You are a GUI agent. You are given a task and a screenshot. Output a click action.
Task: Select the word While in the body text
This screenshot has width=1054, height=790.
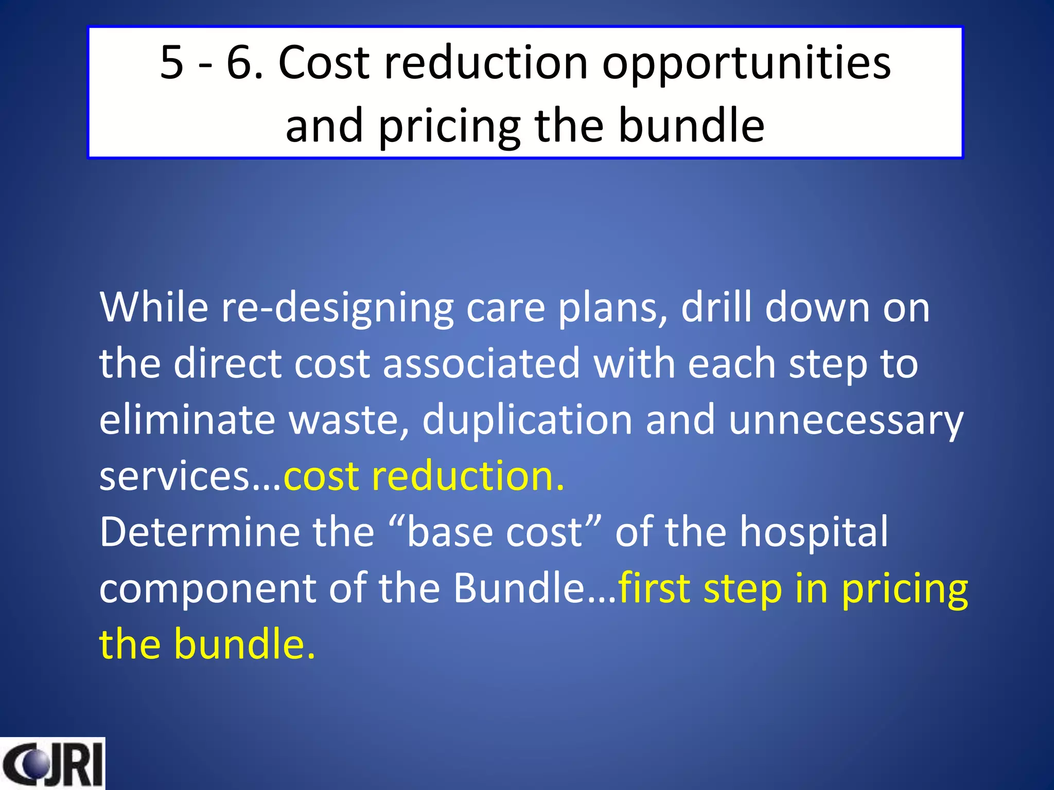[x=153, y=307]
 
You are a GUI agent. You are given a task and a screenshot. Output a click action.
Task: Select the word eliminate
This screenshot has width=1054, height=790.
[x=187, y=420]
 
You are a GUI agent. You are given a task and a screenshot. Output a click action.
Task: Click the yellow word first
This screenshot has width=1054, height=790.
[x=654, y=588]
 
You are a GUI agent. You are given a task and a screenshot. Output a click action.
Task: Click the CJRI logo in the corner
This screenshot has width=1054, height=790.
[x=52, y=764]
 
